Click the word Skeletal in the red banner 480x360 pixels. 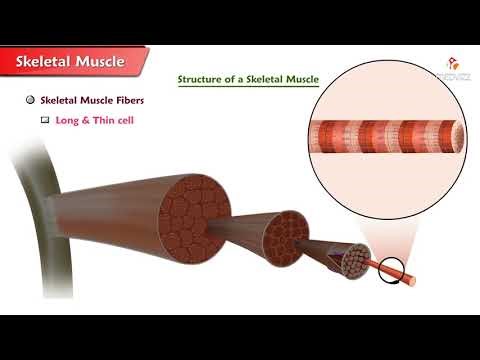click(48, 62)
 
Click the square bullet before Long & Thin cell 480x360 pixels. click(45, 119)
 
